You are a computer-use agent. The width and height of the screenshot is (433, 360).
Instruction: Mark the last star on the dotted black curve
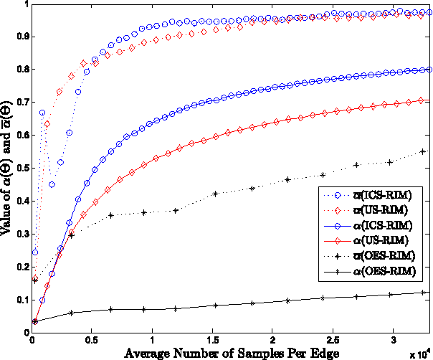[423, 151]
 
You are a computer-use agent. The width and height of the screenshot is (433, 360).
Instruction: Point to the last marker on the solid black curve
[423, 293]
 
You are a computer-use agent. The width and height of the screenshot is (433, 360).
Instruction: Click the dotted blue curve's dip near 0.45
[52, 184]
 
